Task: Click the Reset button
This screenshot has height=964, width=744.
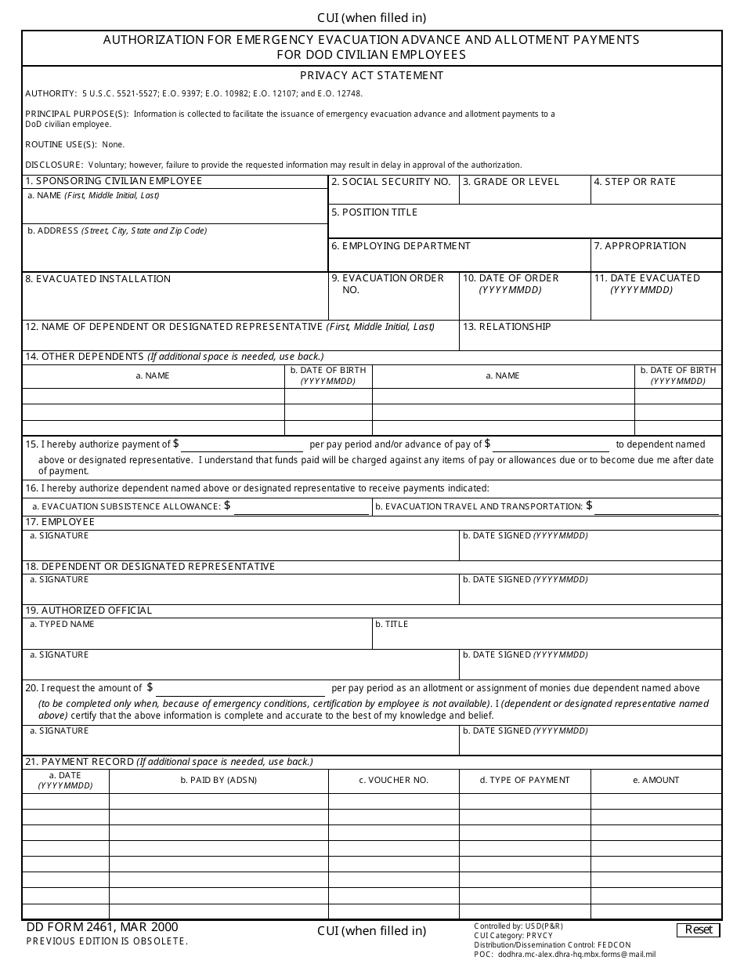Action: pyautogui.click(x=699, y=930)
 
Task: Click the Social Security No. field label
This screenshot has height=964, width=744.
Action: pyautogui.click(x=391, y=182)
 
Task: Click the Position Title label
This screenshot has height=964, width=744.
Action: pyautogui.click(x=374, y=212)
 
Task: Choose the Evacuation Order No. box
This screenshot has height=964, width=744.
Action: pyautogui.click(x=393, y=301)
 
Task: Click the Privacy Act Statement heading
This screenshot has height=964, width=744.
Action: pyautogui.click(x=371, y=76)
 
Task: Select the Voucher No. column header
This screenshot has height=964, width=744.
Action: pyautogui.click(x=393, y=781)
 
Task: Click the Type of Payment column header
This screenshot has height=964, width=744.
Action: pyautogui.click(x=524, y=781)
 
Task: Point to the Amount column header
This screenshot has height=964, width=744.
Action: pyautogui.click(x=656, y=781)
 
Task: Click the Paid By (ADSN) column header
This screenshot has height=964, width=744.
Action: pyautogui.click(x=219, y=781)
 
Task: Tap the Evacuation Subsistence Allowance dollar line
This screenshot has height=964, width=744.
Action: pyautogui.click(x=301, y=507)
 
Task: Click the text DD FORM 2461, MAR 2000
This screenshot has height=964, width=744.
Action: pyautogui.click(x=102, y=927)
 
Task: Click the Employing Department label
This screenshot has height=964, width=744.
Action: pyautogui.click(x=401, y=246)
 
